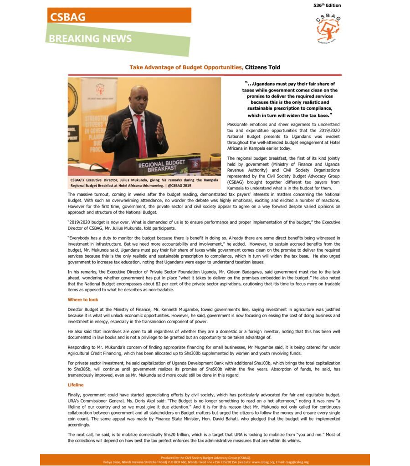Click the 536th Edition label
tap(327, 5)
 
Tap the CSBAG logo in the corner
tap(328, 29)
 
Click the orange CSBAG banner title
tap(68, 17)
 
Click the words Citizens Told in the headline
tap(262, 67)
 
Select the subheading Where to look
tap(82, 300)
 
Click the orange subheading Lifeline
tap(76, 385)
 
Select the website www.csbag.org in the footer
tap(261, 462)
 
